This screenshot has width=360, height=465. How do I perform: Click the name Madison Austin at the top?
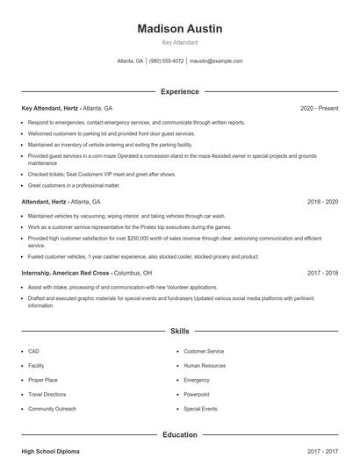click(179, 28)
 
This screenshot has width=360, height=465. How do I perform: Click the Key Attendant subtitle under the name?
click(179, 42)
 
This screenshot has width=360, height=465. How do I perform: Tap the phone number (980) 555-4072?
click(166, 61)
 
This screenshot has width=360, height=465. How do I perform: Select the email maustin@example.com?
click(216, 61)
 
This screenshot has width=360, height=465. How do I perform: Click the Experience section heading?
click(179, 91)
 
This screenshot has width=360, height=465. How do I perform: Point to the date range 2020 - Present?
click(319, 108)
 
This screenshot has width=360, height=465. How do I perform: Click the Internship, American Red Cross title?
click(66, 273)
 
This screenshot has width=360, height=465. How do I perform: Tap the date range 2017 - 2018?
click(322, 273)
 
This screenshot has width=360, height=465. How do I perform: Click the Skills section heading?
click(179, 331)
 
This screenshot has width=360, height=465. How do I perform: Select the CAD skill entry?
click(33, 351)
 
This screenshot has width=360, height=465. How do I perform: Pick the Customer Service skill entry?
click(204, 351)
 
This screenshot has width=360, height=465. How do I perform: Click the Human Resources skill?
click(204, 366)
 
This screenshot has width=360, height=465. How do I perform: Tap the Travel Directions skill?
click(48, 395)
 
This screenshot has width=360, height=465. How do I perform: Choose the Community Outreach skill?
click(52, 409)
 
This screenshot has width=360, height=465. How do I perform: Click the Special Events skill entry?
click(200, 409)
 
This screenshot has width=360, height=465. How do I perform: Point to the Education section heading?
click(179, 434)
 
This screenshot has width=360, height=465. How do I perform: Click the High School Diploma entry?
click(50, 451)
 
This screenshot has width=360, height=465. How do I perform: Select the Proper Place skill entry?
click(42, 380)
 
